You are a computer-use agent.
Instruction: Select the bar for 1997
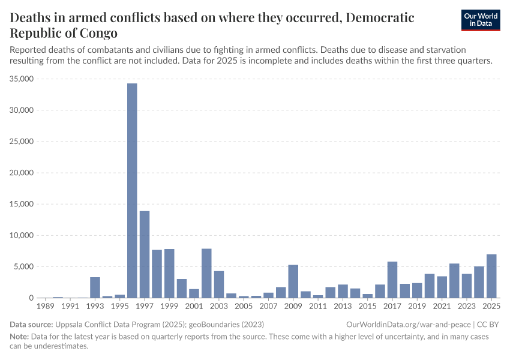145,254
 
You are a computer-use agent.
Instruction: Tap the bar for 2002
206,273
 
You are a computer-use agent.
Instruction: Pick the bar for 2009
293,281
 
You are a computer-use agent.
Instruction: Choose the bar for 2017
392,280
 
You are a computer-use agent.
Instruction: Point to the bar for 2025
491,276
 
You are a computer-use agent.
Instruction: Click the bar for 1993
95,287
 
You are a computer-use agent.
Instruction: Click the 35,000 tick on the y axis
22,79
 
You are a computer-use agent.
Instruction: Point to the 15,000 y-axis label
22,204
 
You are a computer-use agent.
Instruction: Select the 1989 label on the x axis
46,307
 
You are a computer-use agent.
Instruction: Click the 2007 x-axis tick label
269,307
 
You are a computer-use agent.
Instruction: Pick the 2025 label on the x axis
491,307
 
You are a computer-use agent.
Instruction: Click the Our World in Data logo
481,20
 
